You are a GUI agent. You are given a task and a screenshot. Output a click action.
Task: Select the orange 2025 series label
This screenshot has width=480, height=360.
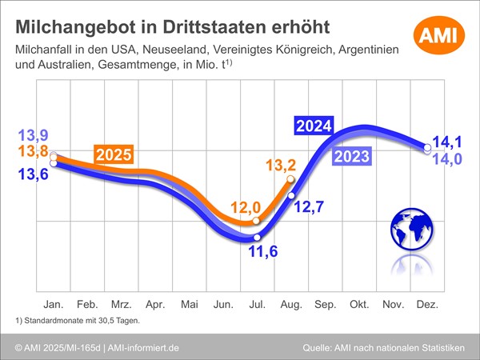coord(114,155)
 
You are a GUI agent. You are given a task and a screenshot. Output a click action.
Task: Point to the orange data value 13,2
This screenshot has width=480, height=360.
coord(282,166)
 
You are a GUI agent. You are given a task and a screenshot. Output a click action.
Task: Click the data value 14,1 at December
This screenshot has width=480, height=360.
coord(446,142)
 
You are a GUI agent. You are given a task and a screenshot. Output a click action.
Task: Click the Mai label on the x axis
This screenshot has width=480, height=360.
coord(189,305)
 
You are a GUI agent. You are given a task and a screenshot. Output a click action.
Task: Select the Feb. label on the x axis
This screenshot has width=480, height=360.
coord(86,305)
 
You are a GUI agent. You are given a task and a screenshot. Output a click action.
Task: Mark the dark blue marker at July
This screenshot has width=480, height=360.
coord(257,238)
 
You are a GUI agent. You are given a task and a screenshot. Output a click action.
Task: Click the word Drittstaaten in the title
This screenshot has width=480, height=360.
coord(244,26)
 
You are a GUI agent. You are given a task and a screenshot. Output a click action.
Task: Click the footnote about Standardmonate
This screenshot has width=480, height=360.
coord(78,322)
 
